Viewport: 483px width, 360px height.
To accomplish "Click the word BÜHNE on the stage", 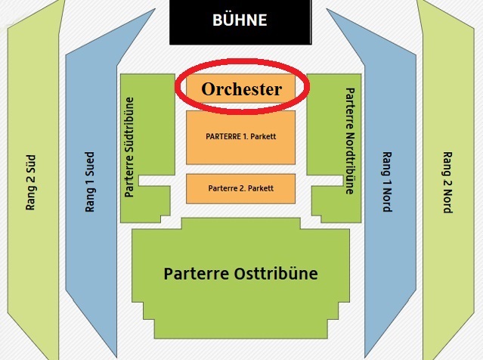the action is [240, 20].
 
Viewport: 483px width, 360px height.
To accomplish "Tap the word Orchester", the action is [242, 89].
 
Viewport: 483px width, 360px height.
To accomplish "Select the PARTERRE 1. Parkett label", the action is [241, 136].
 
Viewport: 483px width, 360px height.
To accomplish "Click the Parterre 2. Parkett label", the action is [241, 188].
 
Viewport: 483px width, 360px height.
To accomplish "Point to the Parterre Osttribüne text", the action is [240, 273].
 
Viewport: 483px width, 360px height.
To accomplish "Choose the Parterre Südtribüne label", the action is [129, 147].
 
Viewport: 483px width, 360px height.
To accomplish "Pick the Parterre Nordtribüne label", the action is [350, 141].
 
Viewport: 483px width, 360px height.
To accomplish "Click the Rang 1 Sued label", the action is [90, 182].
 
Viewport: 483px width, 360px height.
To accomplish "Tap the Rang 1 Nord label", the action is [387, 182].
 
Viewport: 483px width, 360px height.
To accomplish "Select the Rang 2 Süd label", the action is [30, 182].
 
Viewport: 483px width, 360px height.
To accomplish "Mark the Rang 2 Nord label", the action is [447, 182].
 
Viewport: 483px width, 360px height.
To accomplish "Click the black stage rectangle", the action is [240, 22].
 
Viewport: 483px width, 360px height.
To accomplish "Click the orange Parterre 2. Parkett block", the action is [240, 188].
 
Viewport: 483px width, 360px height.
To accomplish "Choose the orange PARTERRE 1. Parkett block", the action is [240, 138].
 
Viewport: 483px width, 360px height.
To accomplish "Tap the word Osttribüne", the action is [276, 273].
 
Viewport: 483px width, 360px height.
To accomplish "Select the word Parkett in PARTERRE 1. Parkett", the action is [263, 136].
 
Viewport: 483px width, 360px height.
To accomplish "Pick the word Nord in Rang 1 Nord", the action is [387, 200].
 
